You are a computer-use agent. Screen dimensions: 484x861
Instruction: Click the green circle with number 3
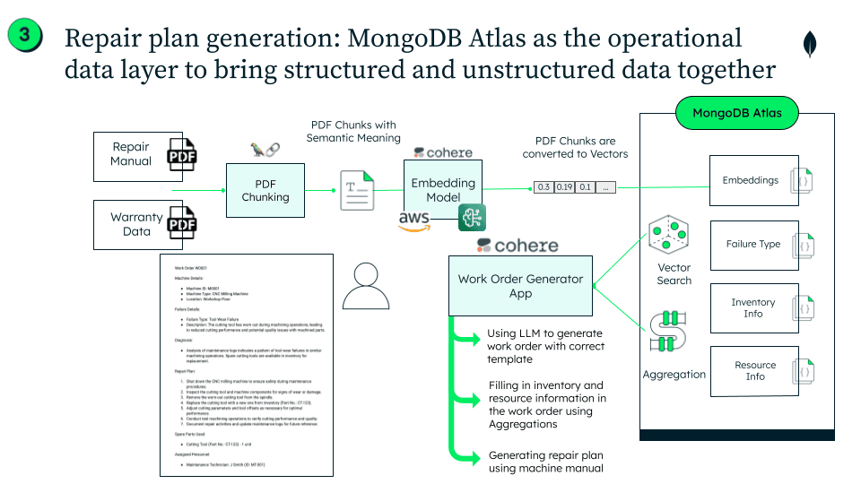point(28,36)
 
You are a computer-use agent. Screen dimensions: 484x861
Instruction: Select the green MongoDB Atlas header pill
point(736,114)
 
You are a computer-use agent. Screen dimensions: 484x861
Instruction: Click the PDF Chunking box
point(265,191)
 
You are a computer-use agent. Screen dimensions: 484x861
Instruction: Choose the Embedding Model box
point(443,190)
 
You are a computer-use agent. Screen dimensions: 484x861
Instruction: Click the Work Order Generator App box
point(520,286)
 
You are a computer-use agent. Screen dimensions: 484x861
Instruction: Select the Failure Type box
point(753,245)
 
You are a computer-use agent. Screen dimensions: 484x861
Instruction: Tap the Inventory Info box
point(753,308)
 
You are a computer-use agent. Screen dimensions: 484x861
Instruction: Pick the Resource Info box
point(753,371)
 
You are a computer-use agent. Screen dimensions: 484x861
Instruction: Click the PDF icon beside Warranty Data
point(182,224)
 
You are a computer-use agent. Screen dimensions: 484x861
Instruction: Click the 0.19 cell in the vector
point(564,187)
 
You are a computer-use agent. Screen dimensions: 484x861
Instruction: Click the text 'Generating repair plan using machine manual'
point(545,462)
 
